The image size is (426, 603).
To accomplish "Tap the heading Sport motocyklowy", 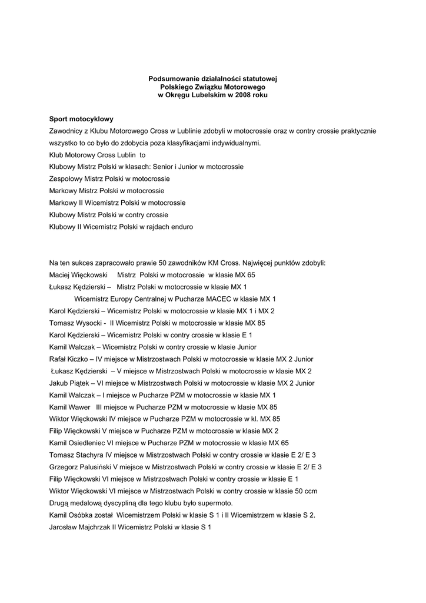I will [x=81, y=119].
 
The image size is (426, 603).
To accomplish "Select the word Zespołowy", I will [x=66, y=178].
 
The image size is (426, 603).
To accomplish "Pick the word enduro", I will [x=181, y=227].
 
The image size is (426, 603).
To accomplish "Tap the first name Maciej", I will [x=60, y=275].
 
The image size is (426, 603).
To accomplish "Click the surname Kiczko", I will [x=79, y=359].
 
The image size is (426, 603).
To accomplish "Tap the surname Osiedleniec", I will [x=86, y=443].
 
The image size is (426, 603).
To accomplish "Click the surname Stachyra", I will [x=88, y=455].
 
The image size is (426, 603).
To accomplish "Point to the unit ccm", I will [x=311, y=491].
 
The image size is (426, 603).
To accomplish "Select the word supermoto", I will [x=215, y=503].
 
